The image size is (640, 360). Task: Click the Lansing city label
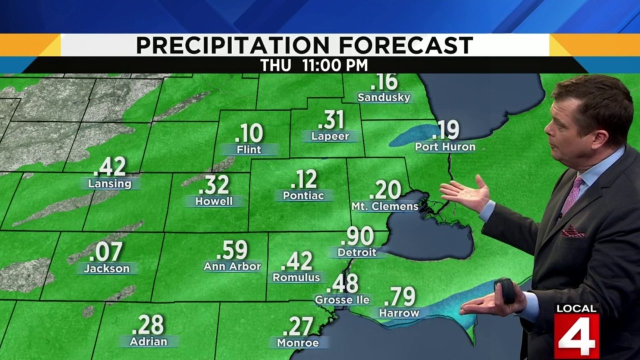109,183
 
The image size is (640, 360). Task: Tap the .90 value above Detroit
357,236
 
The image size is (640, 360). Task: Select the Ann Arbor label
232,266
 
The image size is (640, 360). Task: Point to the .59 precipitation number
232,250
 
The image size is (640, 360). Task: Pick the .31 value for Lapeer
330,120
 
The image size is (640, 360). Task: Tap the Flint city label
249,149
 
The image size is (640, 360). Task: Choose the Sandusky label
384,97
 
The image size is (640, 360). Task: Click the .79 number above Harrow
399,297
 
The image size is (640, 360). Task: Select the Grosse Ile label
342,300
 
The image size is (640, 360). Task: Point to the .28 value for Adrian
148,325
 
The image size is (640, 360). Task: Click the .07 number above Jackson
107,252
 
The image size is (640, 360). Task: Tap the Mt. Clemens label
384,206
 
